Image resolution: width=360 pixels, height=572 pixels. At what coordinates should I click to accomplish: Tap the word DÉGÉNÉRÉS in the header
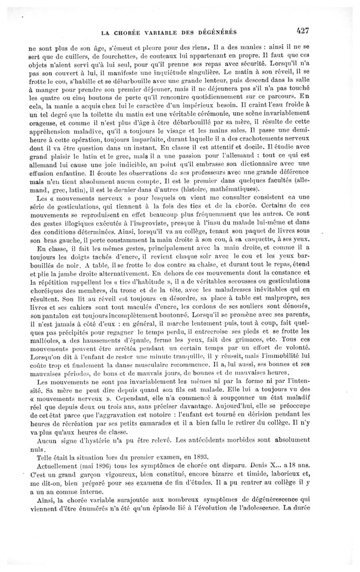[218, 32]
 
